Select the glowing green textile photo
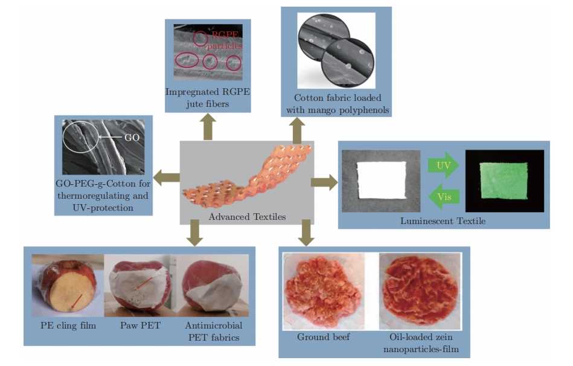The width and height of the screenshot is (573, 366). [x=504, y=181]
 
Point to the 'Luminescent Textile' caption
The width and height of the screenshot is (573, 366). [x=443, y=221]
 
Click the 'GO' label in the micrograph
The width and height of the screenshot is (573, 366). [x=132, y=137]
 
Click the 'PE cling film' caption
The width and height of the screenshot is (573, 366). [x=64, y=326]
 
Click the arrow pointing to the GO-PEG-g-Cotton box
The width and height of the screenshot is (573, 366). [x=165, y=178]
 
